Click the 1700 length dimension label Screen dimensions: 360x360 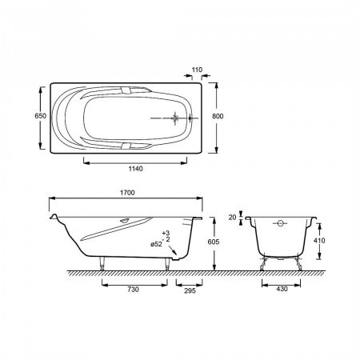(127, 193)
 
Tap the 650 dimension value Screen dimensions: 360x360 (41, 116)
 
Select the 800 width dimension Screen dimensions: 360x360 (218, 116)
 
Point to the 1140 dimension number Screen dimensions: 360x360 (135, 169)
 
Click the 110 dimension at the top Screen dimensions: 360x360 (197, 70)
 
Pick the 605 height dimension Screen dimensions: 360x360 (214, 242)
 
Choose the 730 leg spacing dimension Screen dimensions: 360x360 (133, 290)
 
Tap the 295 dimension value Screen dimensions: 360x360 (190, 290)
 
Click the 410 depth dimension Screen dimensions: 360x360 (319, 241)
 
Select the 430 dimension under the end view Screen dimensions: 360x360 (282, 289)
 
